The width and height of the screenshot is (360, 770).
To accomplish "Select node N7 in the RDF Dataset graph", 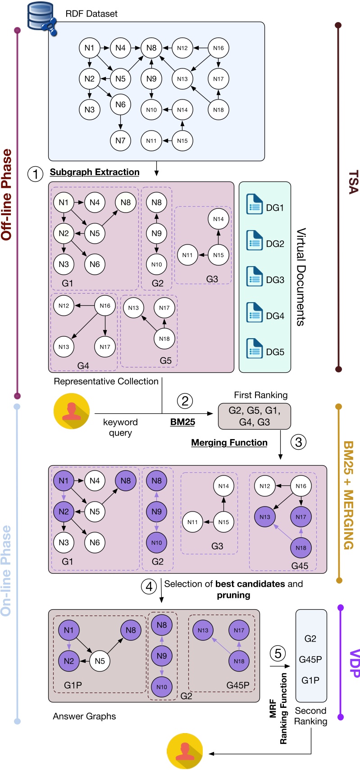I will pyautogui.click(x=120, y=140).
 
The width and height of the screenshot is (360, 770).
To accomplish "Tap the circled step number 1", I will pyautogui.click(x=36, y=173).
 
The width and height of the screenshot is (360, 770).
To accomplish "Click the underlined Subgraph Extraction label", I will pyautogui.click(x=95, y=172).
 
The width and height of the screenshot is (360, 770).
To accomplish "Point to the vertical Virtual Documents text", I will pyautogui.click(x=301, y=276).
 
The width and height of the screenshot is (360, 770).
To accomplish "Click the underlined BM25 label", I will pyautogui.click(x=182, y=422).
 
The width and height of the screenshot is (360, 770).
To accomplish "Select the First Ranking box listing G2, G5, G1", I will pyautogui.click(x=255, y=417).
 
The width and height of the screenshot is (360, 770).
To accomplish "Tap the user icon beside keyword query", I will pyautogui.click(x=72, y=411).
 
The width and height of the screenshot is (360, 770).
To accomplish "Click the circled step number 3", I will pyautogui.click(x=298, y=442).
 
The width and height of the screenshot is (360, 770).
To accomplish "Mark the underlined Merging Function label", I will pyautogui.click(x=229, y=443).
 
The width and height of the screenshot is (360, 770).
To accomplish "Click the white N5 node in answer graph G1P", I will pyautogui.click(x=100, y=661).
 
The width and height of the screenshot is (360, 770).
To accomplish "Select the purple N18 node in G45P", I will pyautogui.click(x=239, y=661).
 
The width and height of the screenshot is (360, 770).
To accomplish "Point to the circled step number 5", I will pyautogui.click(x=278, y=653).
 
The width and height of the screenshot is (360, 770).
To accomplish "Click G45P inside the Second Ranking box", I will pyautogui.click(x=310, y=659).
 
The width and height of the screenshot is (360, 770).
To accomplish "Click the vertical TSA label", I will pyautogui.click(x=353, y=182).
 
